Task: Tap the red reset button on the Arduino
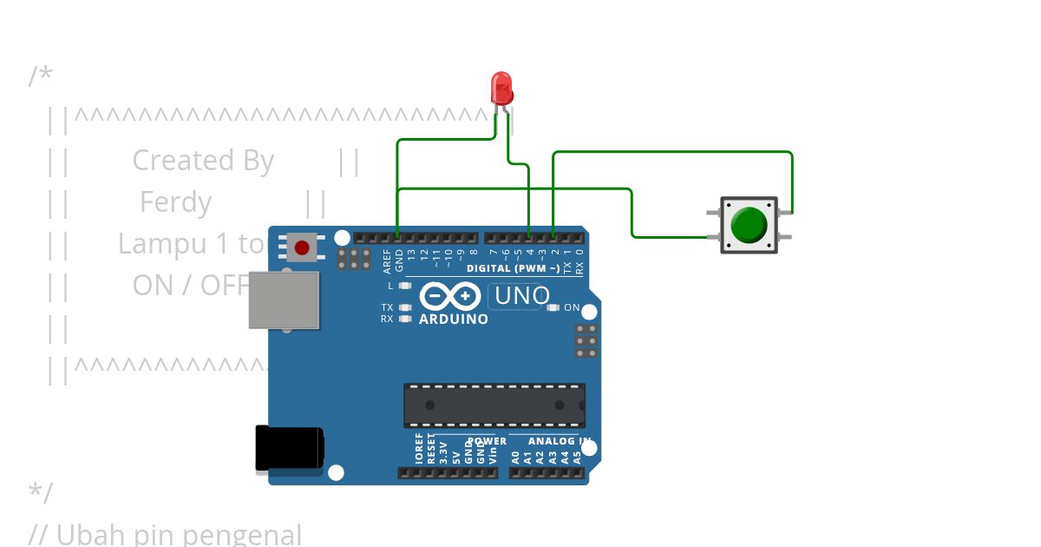point(302,248)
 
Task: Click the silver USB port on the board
point(284,300)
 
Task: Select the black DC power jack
point(289,448)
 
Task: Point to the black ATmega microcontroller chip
point(494,405)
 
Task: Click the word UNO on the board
point(521,296)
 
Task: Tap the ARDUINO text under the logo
point(453,319)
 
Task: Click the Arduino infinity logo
point(449,296)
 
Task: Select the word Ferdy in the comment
point(175,202)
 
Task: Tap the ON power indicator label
point(572,307)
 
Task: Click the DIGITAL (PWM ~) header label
point(513,268)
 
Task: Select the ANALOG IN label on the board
point(560,441)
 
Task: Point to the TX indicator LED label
point(387,307)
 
